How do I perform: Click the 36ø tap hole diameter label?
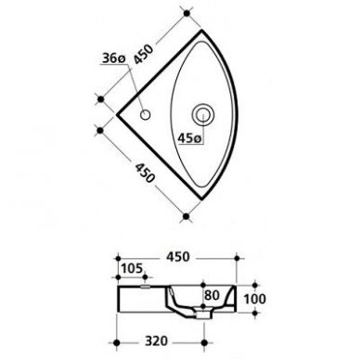coord(113,58)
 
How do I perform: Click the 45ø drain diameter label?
coord(189,138)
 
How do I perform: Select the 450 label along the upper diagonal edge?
coord(143,55)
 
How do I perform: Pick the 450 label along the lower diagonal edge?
coord(144,173)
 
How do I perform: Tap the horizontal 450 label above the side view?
coord(177,257)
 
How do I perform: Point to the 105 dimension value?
coord(132,268)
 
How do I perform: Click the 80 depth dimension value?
coord(212,295)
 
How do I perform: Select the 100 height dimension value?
coord(254,299)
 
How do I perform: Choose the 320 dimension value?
coord(157,341)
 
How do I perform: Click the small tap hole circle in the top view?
coord(146,115)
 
